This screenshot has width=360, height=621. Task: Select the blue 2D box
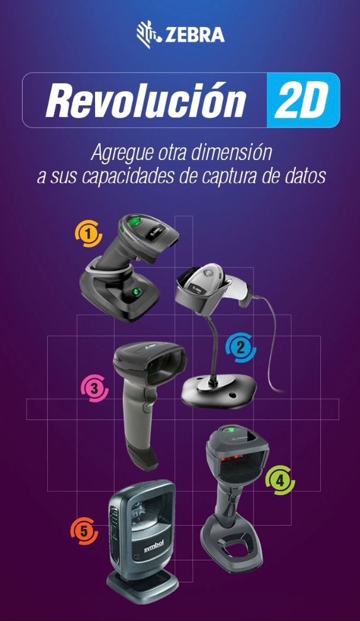[x=303, y=100]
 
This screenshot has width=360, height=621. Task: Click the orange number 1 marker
[x=89, y=234]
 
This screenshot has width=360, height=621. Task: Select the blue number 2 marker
[x=240, y=348]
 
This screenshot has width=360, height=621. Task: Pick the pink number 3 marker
[x=94, y=388]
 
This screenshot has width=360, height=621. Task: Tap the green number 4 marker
[x=280, y=481]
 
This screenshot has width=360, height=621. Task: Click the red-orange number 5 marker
[x=84, y=531]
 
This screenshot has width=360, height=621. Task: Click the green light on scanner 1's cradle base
[x=137, y=292]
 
